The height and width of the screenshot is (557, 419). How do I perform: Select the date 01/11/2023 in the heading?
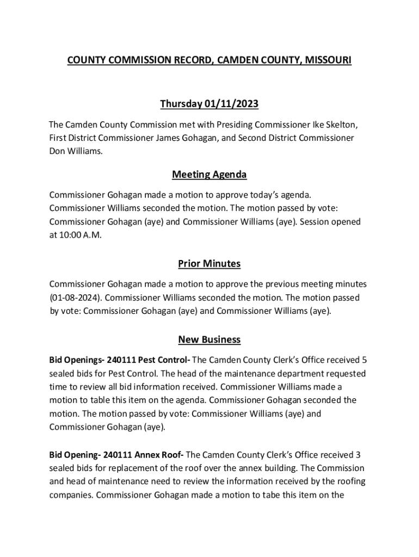[231, 103]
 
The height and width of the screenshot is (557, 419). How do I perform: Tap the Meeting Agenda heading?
[209, 175]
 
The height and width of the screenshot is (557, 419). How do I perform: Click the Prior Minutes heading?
[209, 264]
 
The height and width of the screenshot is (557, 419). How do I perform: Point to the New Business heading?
[209, 340]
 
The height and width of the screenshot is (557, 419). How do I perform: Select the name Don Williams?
[76, 151]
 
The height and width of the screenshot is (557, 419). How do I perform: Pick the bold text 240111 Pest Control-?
[148, 360]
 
